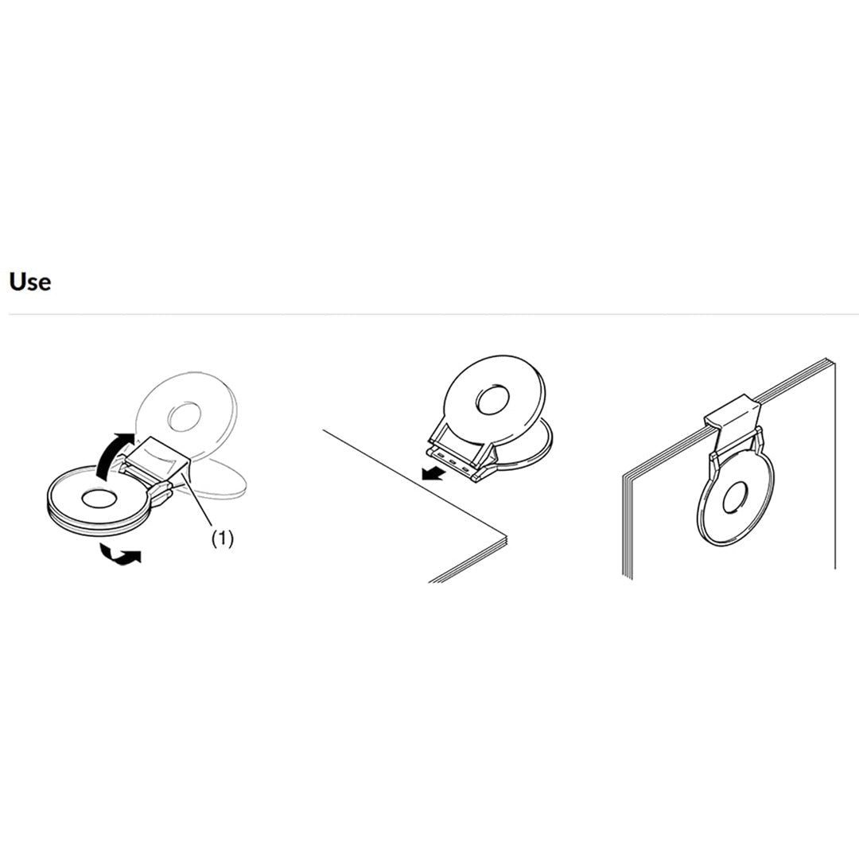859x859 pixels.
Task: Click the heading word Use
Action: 30,282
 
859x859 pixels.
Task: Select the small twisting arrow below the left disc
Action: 121,554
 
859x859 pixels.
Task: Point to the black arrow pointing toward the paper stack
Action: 433,472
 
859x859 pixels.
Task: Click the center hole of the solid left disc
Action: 99,499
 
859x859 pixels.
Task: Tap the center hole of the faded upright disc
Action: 184,418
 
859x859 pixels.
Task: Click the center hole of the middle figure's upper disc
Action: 494,400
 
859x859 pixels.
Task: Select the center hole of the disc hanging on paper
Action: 734,499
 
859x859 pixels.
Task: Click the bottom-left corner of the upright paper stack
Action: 624,578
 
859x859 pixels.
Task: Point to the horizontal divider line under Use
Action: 433,314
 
